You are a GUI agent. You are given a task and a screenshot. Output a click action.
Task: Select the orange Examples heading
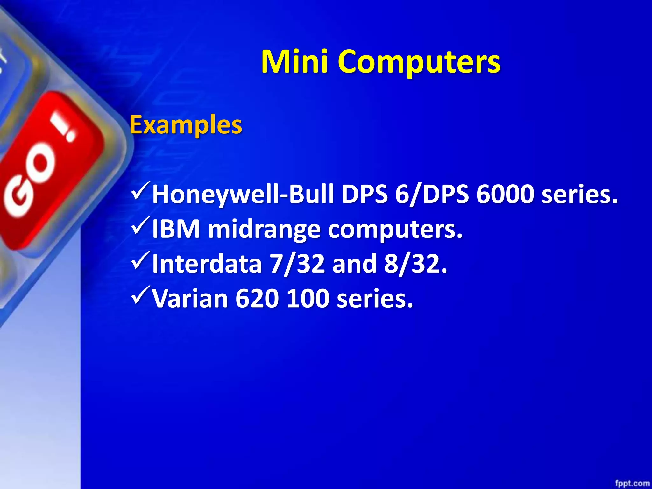(x=186, y=125)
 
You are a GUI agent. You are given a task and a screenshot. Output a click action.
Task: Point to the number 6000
(x=505, y=194)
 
